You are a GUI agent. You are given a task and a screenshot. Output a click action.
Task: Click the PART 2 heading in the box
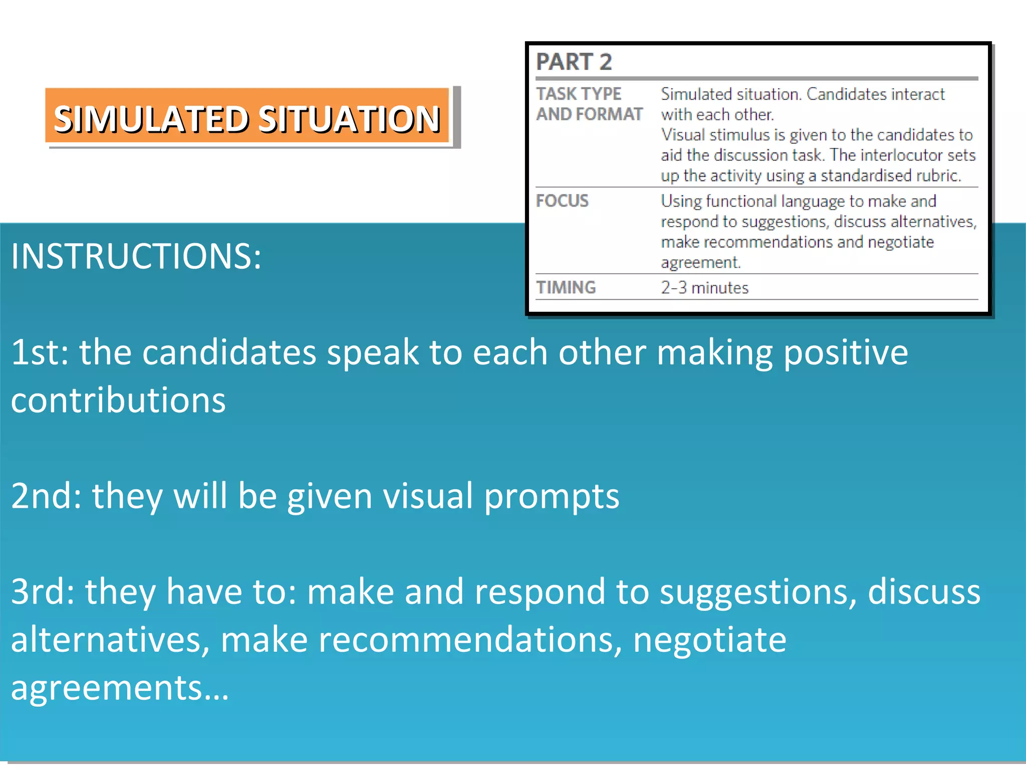coord(574,62)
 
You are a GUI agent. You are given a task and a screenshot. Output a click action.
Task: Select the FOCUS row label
coord(562,201)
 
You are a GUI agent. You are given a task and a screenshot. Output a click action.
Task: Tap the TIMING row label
coord(566,287)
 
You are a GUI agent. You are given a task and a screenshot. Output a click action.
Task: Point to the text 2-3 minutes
coord(704,288)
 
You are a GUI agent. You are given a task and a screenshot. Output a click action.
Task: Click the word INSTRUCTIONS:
coord(136,256)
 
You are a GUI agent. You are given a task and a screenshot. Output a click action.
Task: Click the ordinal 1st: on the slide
coord(40,352)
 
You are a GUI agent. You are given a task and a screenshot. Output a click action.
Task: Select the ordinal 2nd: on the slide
coord(46,496)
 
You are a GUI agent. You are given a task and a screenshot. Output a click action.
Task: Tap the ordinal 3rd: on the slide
coord(43,592)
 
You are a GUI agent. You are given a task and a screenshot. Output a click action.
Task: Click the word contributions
coord(118,400)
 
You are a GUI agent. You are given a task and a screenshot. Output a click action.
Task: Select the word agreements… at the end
coord(120,688)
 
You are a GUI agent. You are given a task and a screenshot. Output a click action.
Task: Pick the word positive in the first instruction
coord(845,352)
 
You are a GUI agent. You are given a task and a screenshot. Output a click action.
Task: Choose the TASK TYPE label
coord(579,94)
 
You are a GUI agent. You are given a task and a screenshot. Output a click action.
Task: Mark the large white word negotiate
coord(709,640)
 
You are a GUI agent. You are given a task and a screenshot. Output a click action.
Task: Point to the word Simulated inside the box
coord(689,94)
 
